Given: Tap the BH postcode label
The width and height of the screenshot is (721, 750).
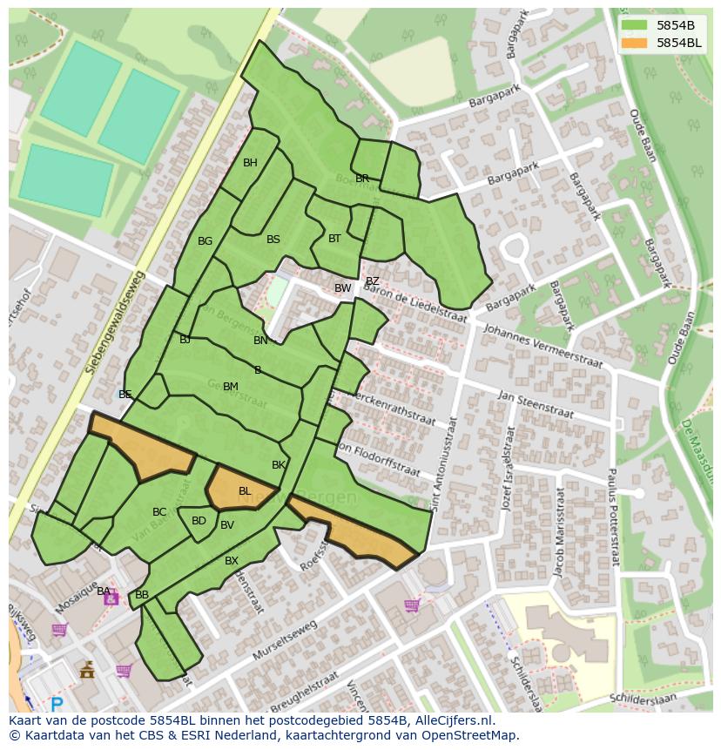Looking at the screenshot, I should [x=250, y=163].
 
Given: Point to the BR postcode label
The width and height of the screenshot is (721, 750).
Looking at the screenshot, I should [x=362, y=179].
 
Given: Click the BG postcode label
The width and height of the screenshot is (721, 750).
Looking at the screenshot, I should [x=205, y=241].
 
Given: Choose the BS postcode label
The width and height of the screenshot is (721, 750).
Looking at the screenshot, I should [x=273, y=240].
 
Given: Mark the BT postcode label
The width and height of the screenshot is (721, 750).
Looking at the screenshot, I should [x=334, y=238].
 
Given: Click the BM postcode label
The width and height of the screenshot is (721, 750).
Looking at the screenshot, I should [x=230, y=387].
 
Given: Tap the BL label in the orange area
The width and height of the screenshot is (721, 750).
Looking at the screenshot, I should [x=245, y=491].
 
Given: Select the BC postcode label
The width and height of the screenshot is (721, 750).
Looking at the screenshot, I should [x=159, y=512].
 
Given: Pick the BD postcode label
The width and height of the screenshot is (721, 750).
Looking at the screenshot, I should [x=199, y=521].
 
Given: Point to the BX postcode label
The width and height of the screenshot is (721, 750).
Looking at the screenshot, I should [x=232, y=561].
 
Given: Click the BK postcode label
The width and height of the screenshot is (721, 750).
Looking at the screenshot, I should [x=279, y=465].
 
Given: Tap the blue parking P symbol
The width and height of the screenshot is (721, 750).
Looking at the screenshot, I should [x=57, y=705].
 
